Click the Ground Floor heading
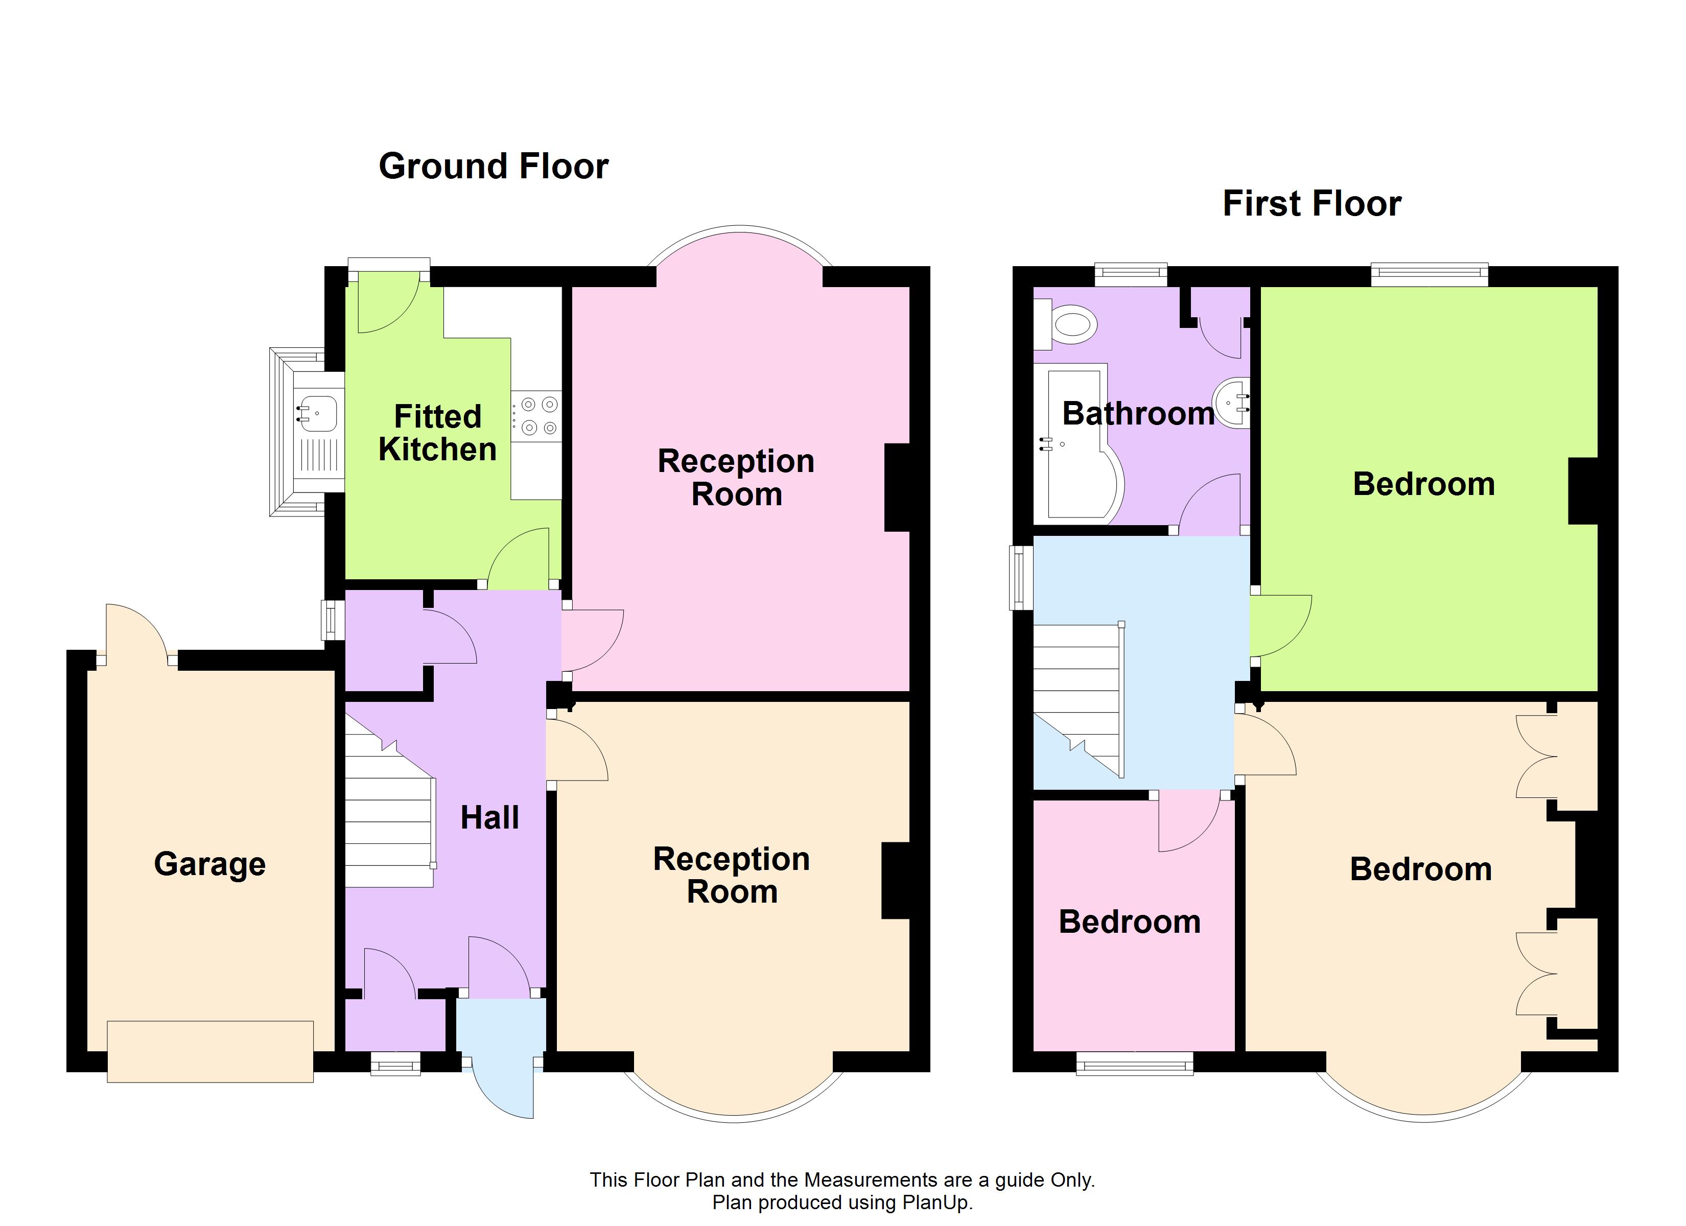(493, 166)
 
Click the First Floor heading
(1312, 204)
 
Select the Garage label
(209, 864)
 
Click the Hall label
(489, 818)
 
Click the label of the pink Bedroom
(1129, 922)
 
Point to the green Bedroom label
(1423, 484)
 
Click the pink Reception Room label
(736, 477)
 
